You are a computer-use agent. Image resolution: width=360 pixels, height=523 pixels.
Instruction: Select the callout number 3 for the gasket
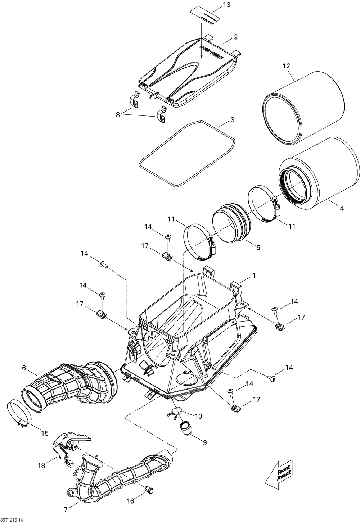232,119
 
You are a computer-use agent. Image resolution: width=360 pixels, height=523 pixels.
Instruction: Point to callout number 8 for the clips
117,115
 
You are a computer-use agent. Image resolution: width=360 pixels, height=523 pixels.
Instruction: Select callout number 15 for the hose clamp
45,433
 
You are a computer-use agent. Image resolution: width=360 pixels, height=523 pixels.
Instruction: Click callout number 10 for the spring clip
198,416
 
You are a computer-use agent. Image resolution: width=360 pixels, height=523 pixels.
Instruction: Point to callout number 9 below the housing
204,442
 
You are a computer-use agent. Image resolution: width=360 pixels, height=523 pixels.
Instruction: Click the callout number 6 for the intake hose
24,368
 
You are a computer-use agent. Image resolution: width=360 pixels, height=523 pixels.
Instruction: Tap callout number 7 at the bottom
66,509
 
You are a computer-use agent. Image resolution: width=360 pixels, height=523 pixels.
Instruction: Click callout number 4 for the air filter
342,208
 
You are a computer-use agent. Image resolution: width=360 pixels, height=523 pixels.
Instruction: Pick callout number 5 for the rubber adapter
258,247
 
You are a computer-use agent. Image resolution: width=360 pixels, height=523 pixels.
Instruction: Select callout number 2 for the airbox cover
235,37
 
